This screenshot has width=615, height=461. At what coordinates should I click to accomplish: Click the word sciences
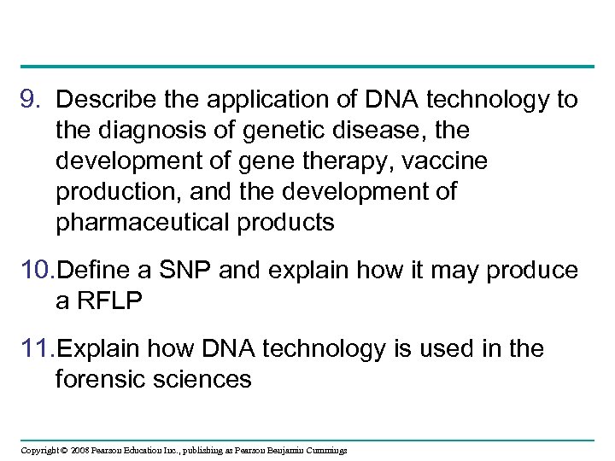pos(208,380)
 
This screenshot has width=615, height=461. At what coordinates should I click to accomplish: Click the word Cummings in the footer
pos(324,451)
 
